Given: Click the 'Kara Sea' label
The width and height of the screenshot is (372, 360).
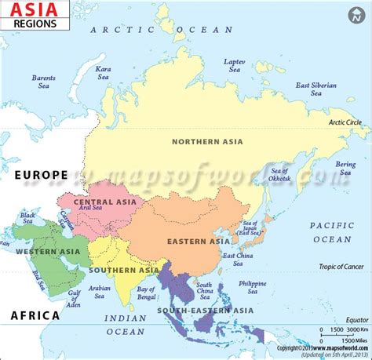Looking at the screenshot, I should tap(104, 73).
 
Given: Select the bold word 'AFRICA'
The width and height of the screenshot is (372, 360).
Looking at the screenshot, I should tap(35, 315).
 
